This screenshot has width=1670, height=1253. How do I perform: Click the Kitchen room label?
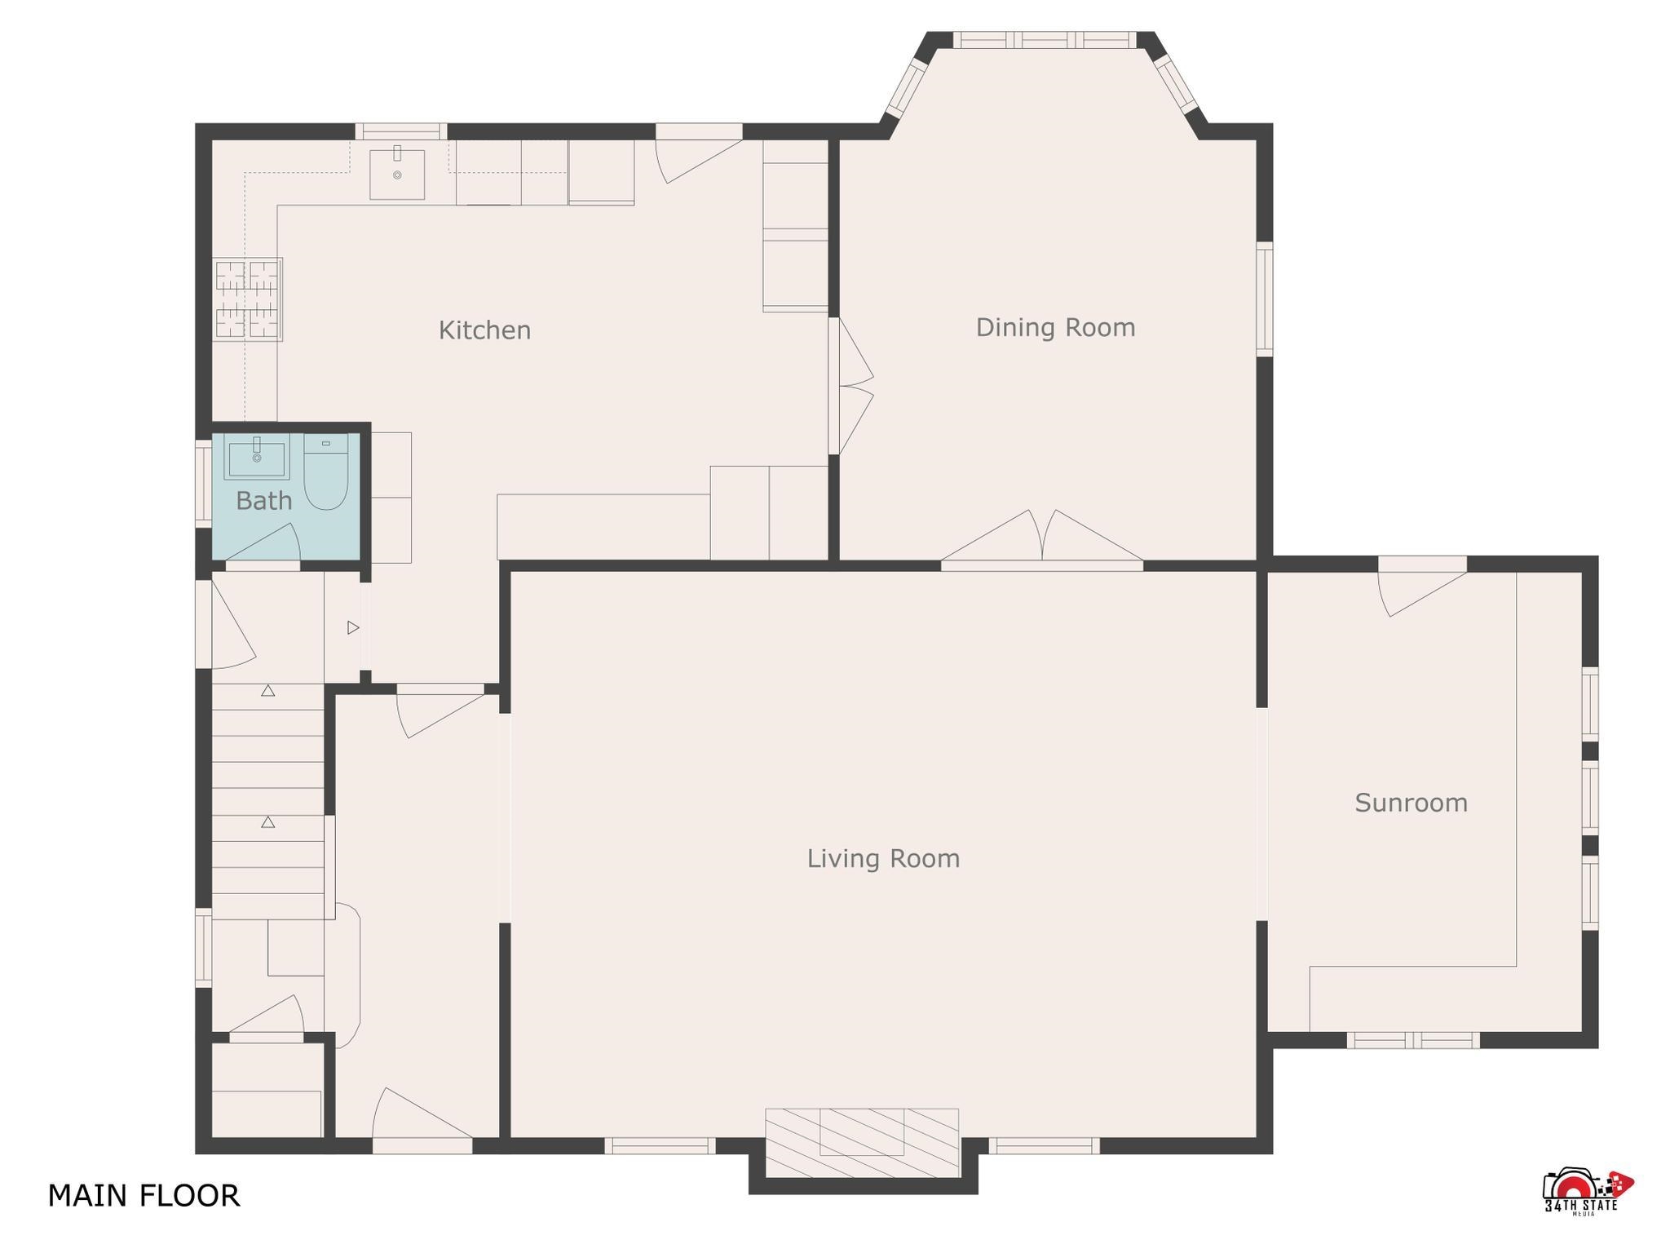[x=484, y=330]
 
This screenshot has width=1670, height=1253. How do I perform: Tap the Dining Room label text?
[x=1055, y=327]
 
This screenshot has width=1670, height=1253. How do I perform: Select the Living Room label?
[x=883, y=858]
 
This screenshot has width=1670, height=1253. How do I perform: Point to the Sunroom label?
[x=1411, y=803]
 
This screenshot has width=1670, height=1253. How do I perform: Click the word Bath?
[x=263, y=501]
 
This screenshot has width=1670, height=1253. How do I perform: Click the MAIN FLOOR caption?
[x=144, y=1196]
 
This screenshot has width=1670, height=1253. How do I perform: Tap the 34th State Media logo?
[x=1588, y=1193]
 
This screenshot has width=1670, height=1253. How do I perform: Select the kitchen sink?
[x=397, y=174]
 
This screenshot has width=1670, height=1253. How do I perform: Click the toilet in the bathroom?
[x=325, y=472]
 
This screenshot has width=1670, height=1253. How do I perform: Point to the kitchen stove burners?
[x=248, y=299]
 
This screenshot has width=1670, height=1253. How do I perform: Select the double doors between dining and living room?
[x=1042, y=537]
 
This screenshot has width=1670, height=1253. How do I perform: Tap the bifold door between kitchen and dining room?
[x=851, y=386]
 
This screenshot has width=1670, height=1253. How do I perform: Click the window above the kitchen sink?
[x=400, y=131]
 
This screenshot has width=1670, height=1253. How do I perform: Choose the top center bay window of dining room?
[x=1044, y=40]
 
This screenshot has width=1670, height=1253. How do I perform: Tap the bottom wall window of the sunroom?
[x=1412, y=1040]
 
